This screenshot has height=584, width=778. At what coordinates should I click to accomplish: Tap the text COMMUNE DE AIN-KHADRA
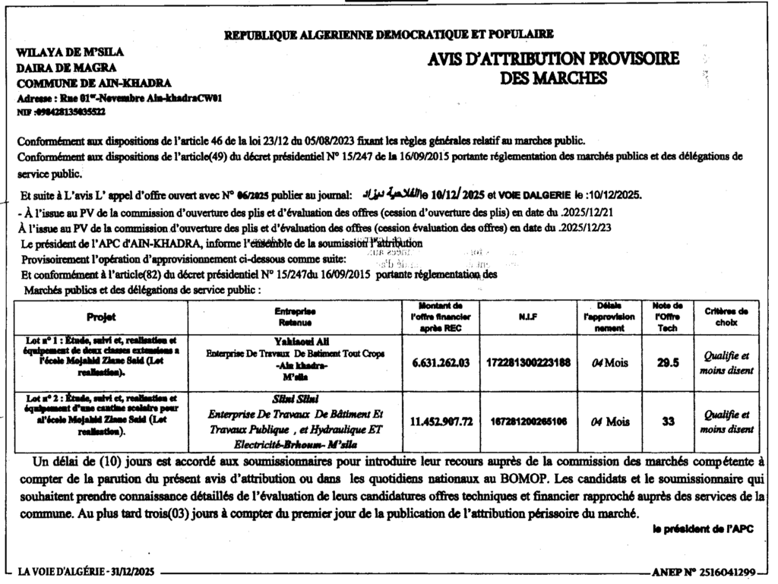93,83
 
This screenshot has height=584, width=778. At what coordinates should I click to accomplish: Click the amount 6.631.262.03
441,364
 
